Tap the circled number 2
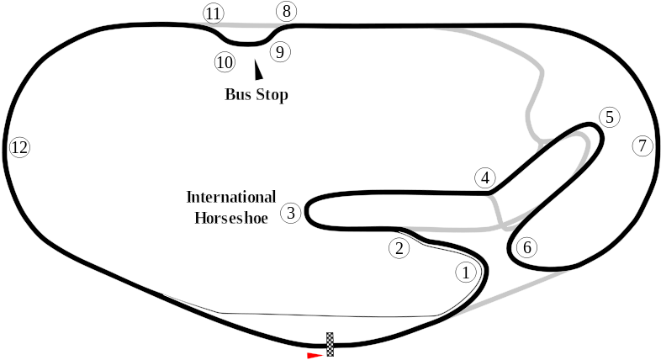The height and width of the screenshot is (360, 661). point(399,247)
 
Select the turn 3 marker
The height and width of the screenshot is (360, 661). point(290,212)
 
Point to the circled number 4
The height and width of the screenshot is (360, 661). point(484,177)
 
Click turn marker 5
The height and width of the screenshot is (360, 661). point(610,117)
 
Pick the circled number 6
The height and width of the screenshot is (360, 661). point(526,247)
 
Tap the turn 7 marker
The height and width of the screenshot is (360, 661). point(642,146)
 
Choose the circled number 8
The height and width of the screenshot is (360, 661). point(287,11)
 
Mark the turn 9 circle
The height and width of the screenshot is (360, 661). point(280,51)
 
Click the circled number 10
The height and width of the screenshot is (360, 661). point(224,61)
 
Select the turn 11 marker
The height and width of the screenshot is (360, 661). point(214,13)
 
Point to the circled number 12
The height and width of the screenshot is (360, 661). point(19,148)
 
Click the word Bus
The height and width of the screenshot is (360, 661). point(239,94)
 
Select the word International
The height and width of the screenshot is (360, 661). point(230,198)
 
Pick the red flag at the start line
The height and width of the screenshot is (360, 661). point(315,355)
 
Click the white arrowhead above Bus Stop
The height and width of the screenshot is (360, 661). point(258,73)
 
